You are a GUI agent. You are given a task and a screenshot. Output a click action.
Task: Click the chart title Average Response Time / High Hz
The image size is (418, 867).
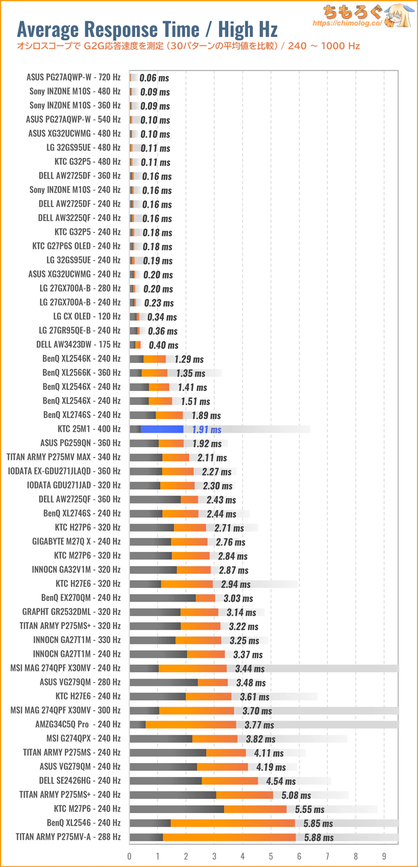(147, 29)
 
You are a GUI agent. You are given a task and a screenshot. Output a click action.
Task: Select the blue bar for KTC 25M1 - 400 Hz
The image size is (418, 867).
(162, 429)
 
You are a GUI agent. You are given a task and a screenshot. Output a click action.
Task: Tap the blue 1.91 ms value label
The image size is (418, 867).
(206, 430)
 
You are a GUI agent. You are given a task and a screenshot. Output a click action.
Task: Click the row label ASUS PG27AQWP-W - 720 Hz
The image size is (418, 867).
(73, 77)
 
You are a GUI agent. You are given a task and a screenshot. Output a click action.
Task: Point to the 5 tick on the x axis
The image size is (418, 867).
(271, 856)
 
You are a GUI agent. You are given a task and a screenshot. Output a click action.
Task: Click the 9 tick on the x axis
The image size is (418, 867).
(384, 856)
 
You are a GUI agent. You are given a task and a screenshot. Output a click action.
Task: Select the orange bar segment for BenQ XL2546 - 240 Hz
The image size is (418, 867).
(233, 823)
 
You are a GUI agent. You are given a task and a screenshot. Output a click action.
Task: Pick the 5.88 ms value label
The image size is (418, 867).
(319, 838)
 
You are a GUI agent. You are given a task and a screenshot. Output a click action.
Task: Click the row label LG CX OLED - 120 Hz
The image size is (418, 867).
(87, 317)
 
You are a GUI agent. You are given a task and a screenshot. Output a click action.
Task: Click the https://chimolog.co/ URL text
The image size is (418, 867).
(347, 24)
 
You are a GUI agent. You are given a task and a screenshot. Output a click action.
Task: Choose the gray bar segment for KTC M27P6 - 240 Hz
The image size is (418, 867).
(177, 809)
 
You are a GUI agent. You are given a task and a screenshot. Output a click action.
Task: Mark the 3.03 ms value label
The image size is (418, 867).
(238, 598)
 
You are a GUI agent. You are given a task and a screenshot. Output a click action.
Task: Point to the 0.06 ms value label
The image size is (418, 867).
(154, 78)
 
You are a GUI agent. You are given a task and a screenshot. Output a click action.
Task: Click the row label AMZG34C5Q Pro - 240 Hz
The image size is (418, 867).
(78, 724)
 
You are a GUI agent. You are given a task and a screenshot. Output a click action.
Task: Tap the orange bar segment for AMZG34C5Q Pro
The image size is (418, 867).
(191, 725)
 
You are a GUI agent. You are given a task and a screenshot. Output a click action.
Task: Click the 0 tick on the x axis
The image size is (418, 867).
(130, 856)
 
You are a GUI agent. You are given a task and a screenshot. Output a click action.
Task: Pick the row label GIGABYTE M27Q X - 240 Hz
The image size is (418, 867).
(76, 541)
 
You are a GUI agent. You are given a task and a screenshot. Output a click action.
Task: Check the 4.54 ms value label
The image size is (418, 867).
(281, 781)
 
